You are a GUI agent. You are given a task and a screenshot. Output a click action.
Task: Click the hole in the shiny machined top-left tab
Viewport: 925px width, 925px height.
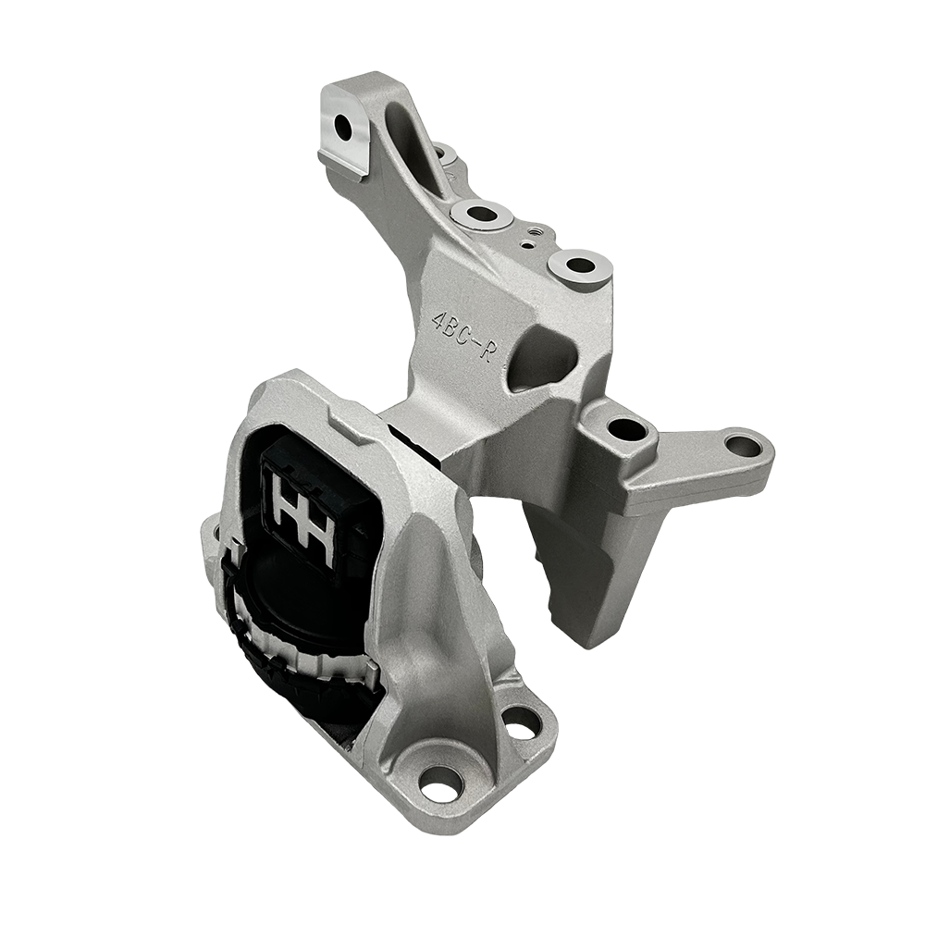(343, 127)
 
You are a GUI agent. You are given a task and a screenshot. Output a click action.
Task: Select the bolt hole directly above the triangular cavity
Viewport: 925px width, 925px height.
(580, 266)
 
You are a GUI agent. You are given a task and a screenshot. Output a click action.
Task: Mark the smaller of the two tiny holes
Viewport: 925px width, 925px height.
(524, 246)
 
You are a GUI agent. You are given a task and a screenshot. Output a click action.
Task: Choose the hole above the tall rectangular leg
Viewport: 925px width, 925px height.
(628, 429)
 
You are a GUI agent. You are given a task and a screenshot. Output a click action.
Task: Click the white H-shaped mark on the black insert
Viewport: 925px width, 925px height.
(302, 514)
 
